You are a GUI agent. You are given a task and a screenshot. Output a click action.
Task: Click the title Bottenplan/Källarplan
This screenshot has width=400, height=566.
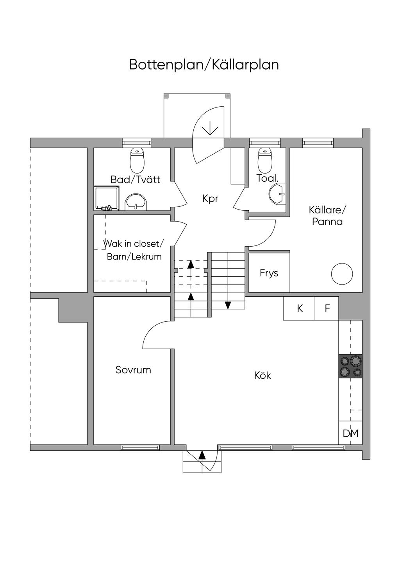pyautogui.click(x=204, y=65)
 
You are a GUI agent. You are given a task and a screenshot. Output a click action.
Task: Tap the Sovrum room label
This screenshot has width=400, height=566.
pyautogui.click(x=133, y=370)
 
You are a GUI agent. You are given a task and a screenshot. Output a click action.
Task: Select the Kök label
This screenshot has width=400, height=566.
pyautogui.click(x=262, y=375)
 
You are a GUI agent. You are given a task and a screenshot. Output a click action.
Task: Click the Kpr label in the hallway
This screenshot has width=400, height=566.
pyautogui.click(x=210, y=199)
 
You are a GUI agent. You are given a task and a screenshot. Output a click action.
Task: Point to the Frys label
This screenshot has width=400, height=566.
pyautogui.click(x=269, y=273)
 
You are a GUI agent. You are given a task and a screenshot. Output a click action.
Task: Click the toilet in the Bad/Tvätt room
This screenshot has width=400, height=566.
pyautogui.click(x=137, y=160)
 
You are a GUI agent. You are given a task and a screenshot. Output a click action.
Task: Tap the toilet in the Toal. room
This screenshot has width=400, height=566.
pyautogui.click(x=265, y=160)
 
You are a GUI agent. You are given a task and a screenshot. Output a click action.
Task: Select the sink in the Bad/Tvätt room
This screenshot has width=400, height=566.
pyautogui.click(x=136, y=202)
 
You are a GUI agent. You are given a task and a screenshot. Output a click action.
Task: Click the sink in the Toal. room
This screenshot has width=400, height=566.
pyautogui.click(x=277, y=194)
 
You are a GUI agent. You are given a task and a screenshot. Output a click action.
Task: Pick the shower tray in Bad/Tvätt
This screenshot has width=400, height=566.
pyautogui.click(x=107, y=198)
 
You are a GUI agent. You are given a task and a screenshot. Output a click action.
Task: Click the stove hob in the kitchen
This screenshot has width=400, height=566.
pyautogui.click(x=350, y=366)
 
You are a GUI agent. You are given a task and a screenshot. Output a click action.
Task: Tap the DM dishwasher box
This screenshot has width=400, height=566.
pyautogui.click(x=350, y=433)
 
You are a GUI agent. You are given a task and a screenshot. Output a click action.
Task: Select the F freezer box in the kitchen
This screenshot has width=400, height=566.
pyautogui.click(x=327, y=308)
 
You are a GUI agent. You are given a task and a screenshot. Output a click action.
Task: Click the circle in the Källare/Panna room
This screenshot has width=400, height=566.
pyautogui.click(x=342, y=274)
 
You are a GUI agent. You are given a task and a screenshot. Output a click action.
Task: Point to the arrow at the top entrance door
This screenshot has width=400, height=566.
pyautogui.click(x=210, y=128)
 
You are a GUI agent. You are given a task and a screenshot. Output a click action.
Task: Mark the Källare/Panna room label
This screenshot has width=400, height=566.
pyautogui.click(x=327, y=216)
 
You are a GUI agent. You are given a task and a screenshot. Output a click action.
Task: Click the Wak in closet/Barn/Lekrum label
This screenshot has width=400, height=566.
pyautogui.click(x=134, y=251)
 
